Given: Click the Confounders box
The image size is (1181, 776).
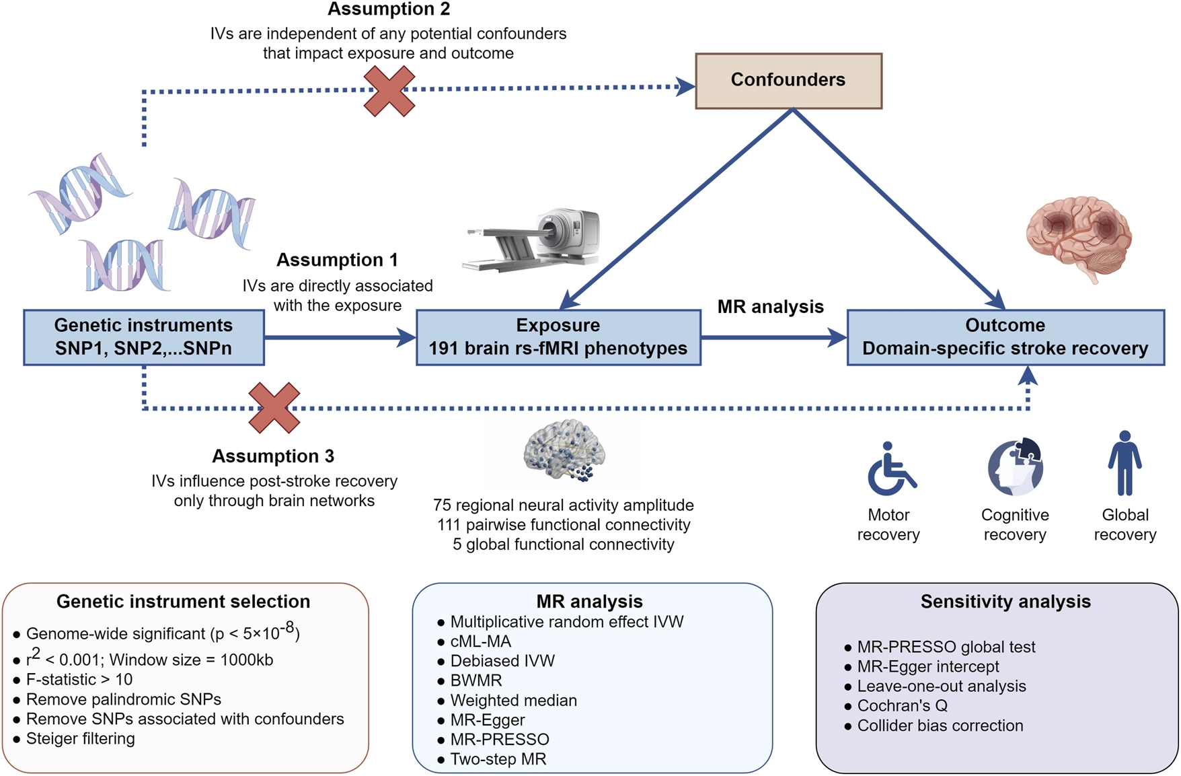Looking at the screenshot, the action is point(788,81).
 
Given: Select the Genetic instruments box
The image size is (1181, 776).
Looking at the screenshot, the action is point(144,337).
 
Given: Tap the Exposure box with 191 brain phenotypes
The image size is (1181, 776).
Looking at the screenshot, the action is point(558,337).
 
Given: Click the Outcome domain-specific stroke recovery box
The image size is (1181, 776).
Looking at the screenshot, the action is point(1005,337).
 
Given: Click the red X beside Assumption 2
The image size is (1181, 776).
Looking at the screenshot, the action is point(389,91).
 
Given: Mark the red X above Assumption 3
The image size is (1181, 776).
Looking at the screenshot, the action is point(274,408).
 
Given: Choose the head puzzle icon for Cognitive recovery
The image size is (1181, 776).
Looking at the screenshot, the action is point(1016,466).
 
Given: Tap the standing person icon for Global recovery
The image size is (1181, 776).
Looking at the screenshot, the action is point(1125,463).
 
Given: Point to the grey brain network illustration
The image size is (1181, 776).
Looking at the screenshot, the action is point(564,450).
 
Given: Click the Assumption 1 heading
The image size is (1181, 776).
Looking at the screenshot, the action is point(337,260).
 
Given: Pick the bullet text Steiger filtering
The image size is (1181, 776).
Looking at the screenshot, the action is point(81,738).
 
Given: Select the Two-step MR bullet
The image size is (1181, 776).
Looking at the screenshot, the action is point(498,759).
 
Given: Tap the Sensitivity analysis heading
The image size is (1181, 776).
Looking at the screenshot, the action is point(1005,602).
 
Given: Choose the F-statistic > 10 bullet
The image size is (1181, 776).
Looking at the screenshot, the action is point(79,679).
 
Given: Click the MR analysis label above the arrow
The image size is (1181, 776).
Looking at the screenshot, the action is point(771,307).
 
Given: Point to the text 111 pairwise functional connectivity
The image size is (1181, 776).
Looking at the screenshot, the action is point(564,524).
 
